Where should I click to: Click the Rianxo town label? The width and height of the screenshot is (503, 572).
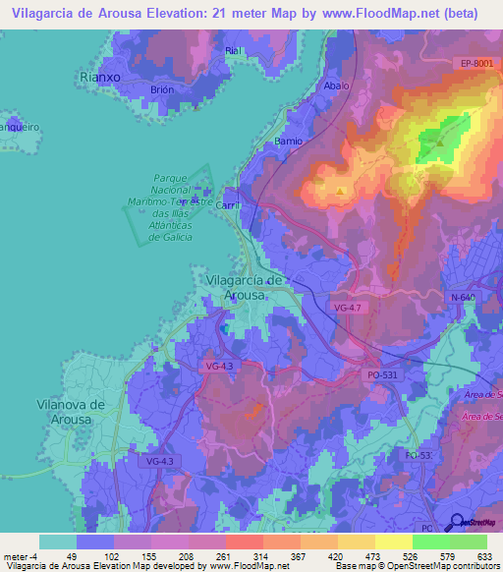click(100, 76)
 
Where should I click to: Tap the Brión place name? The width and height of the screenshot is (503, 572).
click(162, 88)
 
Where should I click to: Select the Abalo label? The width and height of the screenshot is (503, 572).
click(337, 86)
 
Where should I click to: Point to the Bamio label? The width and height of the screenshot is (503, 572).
click(289, 141)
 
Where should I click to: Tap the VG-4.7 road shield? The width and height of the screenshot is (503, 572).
click(348, 309)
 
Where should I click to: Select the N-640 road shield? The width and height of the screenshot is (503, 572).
click(463, 297)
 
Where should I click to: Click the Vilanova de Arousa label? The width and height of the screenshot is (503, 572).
click(69, 411)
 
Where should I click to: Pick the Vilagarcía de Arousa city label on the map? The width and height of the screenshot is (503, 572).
click(246, 287)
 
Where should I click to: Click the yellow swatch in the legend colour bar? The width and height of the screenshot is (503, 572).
click(393, 542)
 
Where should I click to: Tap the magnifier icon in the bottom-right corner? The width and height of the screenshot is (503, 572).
click(456, 522)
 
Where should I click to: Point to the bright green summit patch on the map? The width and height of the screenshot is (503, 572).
click(440, 138)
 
